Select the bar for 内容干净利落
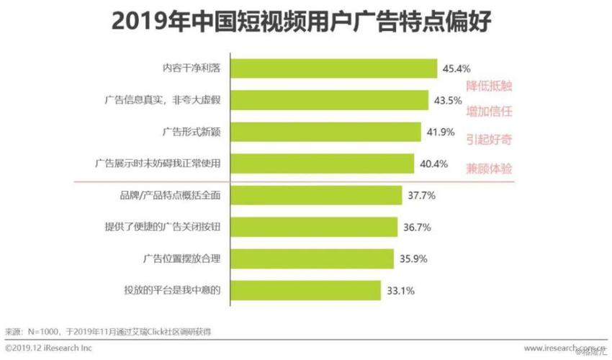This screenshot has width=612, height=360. (333, 68)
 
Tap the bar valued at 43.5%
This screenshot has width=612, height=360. (330, 100)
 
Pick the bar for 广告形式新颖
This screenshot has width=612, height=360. (325, 132)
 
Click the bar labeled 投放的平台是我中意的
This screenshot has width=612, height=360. (305, 290)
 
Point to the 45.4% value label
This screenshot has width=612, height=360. (456, 69)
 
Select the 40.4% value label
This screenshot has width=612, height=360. (433, 164)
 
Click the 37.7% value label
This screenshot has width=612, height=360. (421, 195)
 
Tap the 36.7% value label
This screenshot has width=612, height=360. (417, 227)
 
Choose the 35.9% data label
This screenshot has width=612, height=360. (413, 258)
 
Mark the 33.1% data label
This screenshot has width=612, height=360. (400, 290)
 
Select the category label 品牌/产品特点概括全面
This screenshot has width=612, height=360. (168, 195)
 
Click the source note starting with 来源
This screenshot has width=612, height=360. (108, 332)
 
